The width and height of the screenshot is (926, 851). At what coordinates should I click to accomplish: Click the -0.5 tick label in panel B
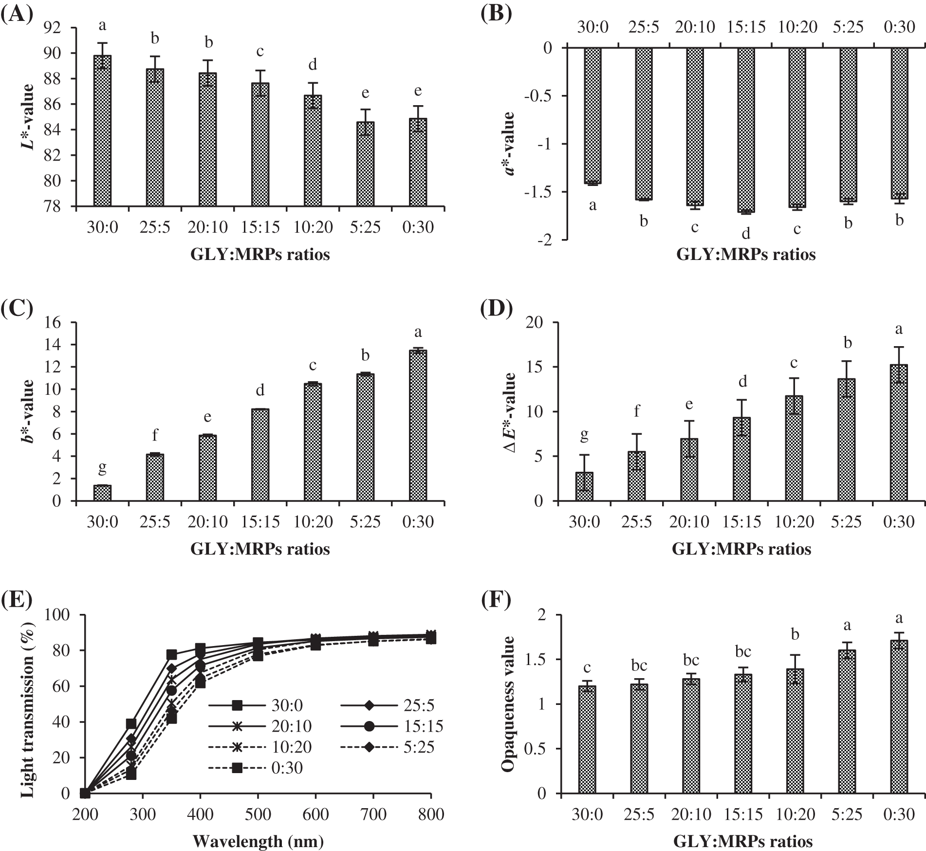539,96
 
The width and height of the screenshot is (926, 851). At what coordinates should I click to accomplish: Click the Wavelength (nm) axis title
258,841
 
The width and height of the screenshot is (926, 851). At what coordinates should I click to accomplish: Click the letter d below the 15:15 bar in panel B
745,234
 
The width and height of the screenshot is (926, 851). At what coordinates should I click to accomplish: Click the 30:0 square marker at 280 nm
131,723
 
